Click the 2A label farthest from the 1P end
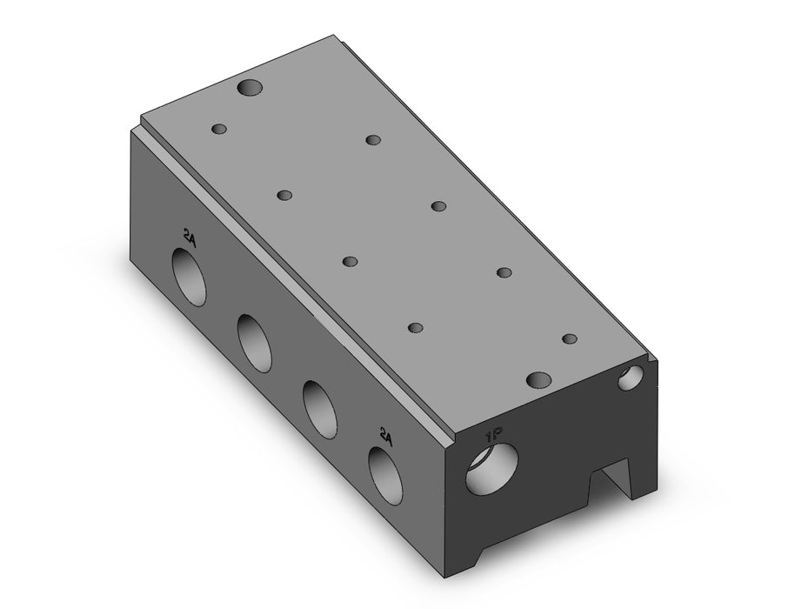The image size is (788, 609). click(x=190, y=236)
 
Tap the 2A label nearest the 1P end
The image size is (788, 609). click(x=385, y=436)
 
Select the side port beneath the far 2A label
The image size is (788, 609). click(x=190, y=276)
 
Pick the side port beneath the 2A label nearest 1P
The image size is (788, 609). click(x=385, y=475)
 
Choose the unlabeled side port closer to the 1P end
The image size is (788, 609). click(x=320, y=409)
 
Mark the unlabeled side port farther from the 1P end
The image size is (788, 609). click(x=255, y=343)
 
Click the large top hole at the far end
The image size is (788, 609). click(x=250, y=88)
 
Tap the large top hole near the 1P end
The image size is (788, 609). click(x=538, y=379)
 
